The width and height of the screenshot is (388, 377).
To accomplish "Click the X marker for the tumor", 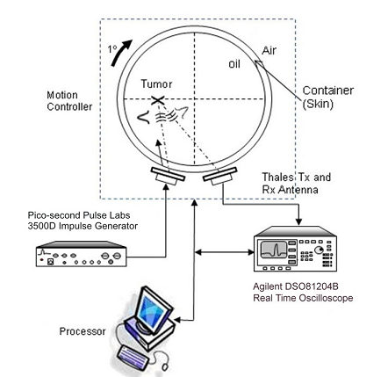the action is (157, 100).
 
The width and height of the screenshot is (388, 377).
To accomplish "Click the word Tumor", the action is (156, 84).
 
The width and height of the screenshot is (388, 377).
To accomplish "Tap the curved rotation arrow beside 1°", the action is (120, 52).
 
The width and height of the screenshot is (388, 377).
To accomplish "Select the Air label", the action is (269, 50).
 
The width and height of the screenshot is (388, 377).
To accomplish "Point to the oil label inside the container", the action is (234, 64).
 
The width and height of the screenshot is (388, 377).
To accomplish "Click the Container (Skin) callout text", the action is (328, 97).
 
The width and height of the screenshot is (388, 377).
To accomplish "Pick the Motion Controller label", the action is (69, 101).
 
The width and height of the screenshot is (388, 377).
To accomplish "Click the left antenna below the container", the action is (168, 175).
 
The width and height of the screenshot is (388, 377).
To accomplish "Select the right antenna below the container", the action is (220, 176).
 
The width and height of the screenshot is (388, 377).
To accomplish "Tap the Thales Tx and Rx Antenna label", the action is (296, 184).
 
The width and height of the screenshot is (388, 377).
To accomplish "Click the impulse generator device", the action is (81, 254).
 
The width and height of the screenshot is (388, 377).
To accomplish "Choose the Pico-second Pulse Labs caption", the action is (79, 215).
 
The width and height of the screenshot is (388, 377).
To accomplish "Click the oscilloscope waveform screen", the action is (274, 250).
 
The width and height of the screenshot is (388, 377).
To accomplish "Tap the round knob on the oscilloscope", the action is (319, 250).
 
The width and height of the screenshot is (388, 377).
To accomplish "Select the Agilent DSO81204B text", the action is (296, 286).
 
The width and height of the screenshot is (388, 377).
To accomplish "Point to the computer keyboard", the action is (133, 358).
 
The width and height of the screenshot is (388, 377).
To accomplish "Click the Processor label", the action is (83, 331).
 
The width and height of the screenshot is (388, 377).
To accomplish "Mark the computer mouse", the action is (165, 366).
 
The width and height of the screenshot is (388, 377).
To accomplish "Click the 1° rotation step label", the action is (112, 49).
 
